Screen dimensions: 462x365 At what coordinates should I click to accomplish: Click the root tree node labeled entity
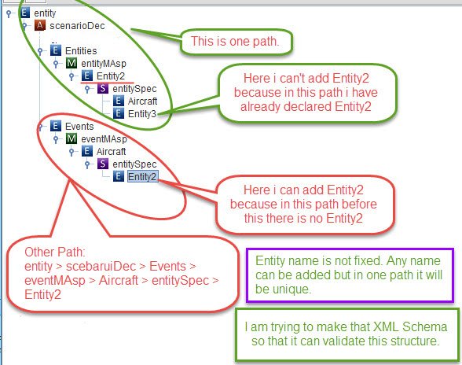(x=45, y=13)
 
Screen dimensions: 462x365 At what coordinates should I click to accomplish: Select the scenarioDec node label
(x=77, y=26)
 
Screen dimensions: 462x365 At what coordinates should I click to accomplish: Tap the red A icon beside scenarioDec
(x=40, y=25)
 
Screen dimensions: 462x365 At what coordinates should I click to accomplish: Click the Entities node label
(x=81, y=51)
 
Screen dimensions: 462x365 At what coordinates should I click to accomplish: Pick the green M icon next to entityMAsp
(x=71, y=63)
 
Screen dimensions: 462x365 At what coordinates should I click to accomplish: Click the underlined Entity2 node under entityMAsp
(x=111, y=76)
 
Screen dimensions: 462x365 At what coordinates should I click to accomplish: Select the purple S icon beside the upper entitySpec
(x=103, y=88)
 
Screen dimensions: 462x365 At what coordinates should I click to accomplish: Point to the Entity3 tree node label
(x=142, y=113)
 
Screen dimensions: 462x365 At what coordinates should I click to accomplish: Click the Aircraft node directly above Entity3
(x=143, y=101)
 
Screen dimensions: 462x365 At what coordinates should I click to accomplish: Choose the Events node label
(x=79, y=127)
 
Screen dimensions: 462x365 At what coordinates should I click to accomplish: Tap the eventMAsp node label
(x=104, y=139)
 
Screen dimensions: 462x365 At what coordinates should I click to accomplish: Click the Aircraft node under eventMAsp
(x=111, y=151)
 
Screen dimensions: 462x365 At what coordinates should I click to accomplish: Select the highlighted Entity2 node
(x=143, y=176)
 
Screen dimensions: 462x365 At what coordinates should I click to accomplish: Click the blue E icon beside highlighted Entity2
(x=119, y=176)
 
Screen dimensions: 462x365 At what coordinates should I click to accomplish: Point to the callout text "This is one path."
(x=235, y=42)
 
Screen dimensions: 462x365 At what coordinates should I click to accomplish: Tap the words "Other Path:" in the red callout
(x=55, y=253)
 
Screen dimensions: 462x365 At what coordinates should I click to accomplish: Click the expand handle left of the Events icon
(x=40, y=127)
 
